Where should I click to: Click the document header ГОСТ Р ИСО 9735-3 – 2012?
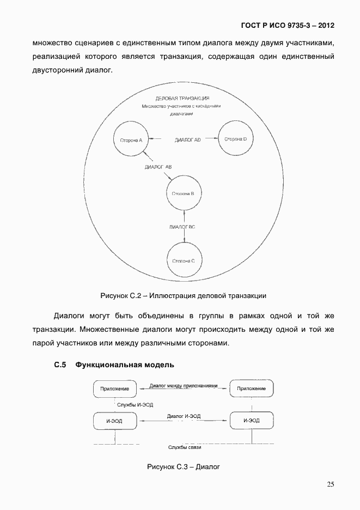(288, 26)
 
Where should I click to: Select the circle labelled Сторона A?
(131, 140)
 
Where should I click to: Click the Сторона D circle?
(235, 139)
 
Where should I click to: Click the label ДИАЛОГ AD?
(188, 140)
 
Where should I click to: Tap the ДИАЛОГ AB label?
(158, 167)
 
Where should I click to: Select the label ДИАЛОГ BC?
(182, 226)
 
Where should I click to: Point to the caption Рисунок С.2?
(183, 296)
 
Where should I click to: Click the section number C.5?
(60, 365)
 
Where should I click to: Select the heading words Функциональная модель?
(125, 365)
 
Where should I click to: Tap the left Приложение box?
(115, 388)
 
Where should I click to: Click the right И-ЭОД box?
(251, 421)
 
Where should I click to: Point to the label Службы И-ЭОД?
(135, 404)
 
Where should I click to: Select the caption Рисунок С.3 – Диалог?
(183, 467)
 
